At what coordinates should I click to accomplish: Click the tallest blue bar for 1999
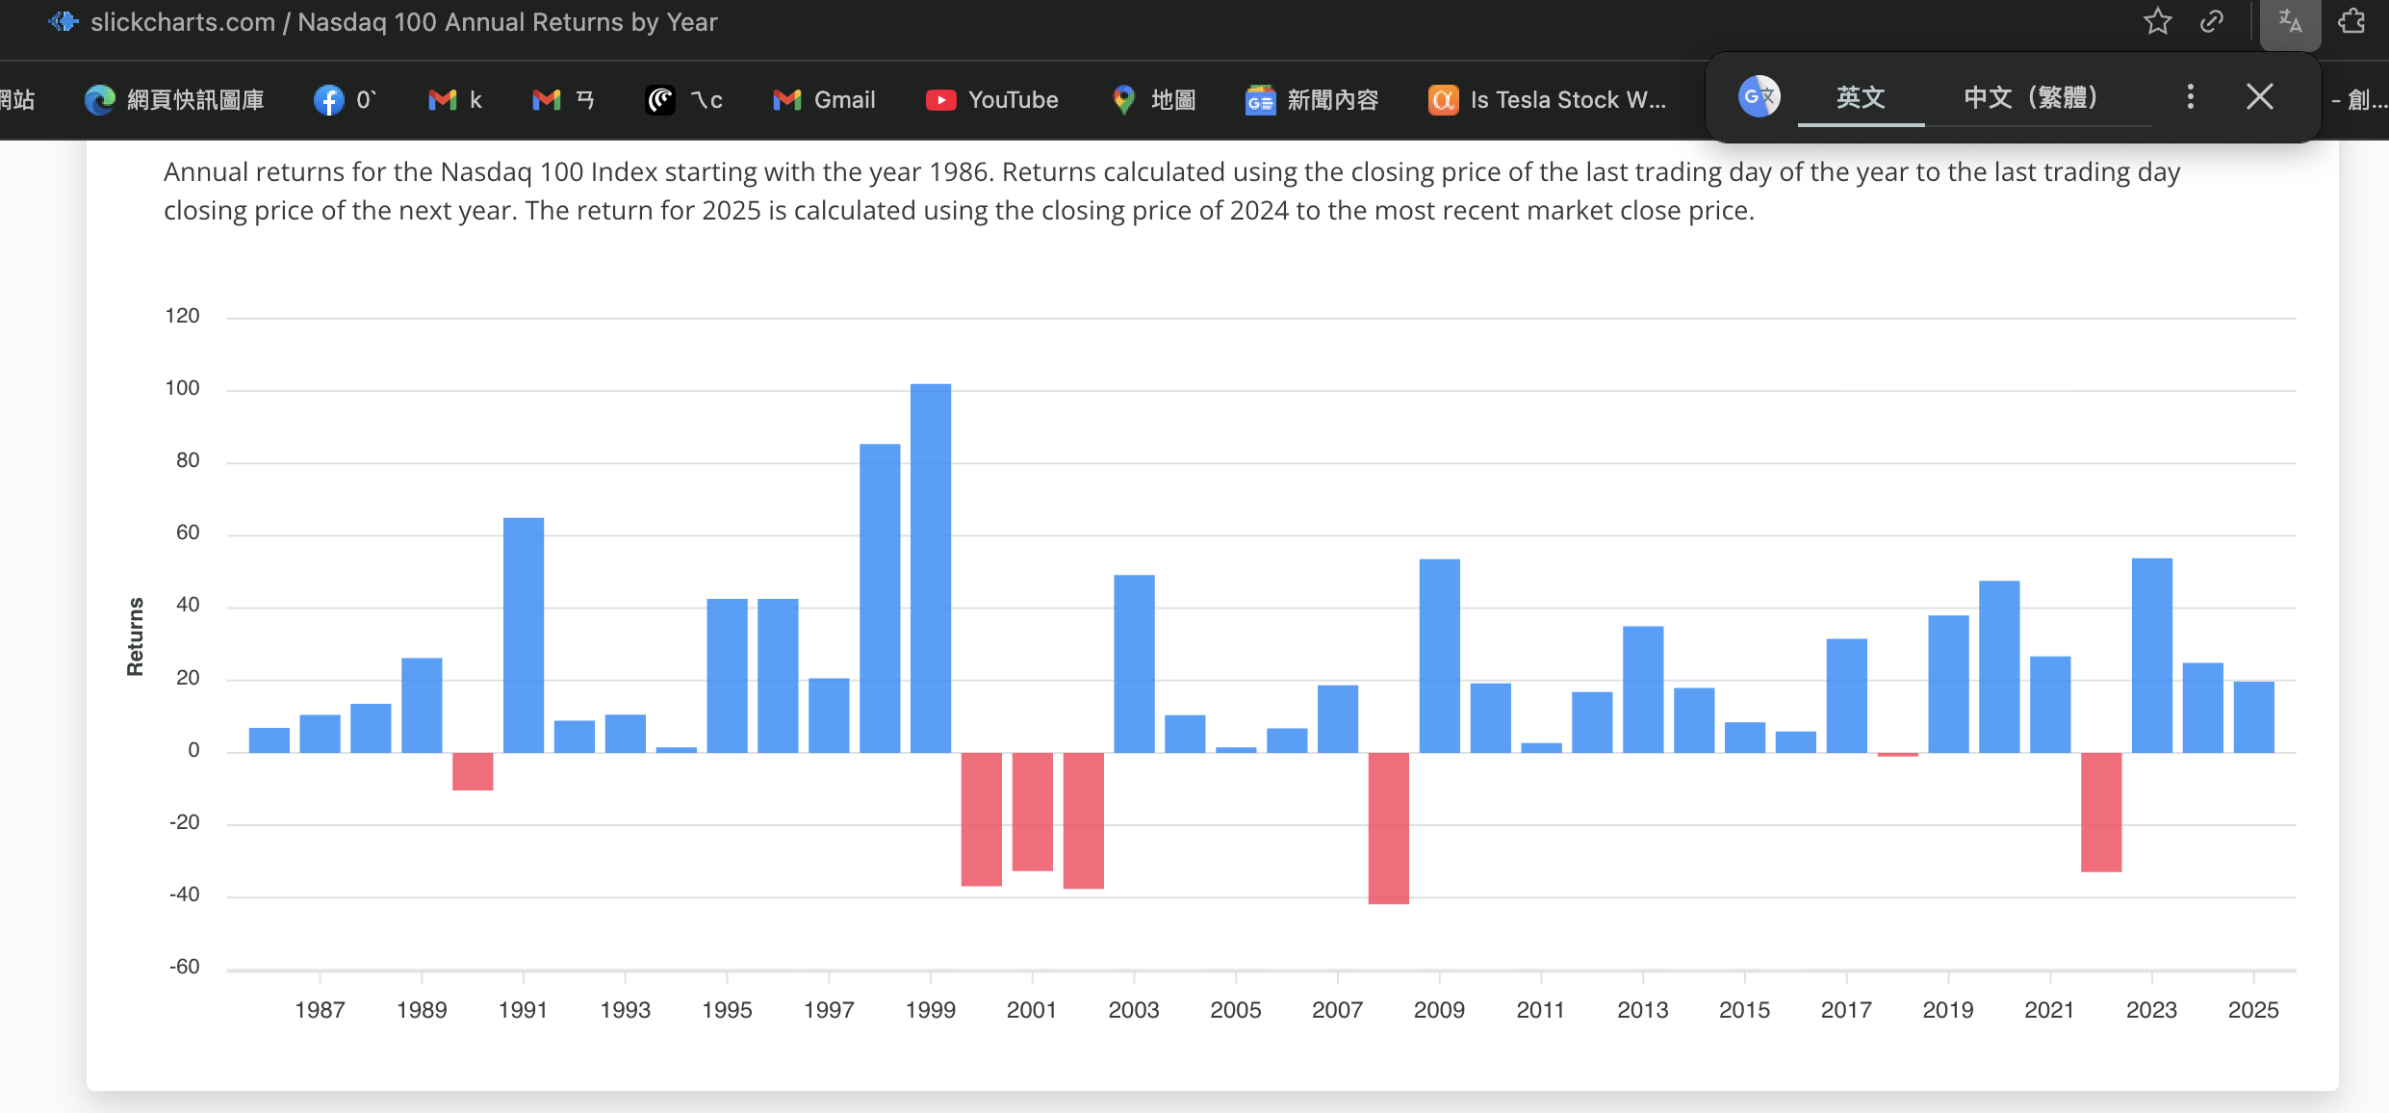pos(931,568)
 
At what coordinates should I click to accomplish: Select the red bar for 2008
pos(1388,828)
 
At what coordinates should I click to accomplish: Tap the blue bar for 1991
pos(524,635)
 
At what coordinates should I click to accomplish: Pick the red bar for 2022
pos(2100,812)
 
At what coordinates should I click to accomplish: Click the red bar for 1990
pos(473,771)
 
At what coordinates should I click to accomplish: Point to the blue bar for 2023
pos(2151,656)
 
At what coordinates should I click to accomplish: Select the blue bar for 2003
pos(1134,664)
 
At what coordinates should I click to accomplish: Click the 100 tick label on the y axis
pos(183,388)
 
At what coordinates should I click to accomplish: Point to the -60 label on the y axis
pos(184,967)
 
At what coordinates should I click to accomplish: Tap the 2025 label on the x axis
pos(2252,1010)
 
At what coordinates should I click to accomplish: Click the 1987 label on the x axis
pos(320,1010)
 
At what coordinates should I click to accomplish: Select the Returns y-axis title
pos(136,636)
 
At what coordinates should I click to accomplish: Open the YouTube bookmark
pos(992,100)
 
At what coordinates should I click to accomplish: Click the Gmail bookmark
pos(825,100)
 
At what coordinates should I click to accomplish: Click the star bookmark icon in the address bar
pos(2157,21)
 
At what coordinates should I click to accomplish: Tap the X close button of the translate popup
pos(2259,96)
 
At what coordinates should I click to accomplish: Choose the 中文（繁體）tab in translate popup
pos(2031,97)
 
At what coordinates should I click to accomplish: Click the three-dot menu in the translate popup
pos(2190,96)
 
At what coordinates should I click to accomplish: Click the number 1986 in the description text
pos(962,172)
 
